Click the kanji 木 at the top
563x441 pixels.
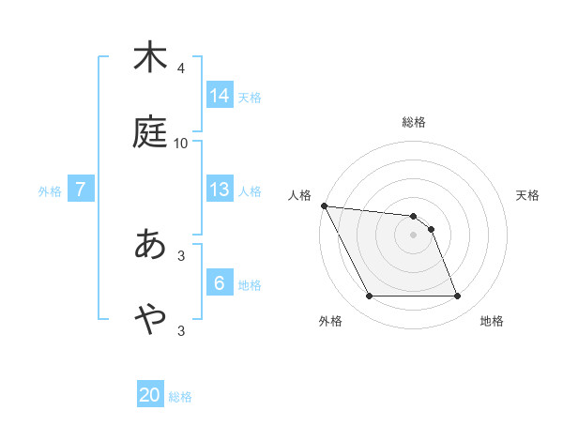150,57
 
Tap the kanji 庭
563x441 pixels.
150,132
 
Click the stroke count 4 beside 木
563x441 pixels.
180,68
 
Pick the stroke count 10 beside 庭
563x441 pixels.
181,143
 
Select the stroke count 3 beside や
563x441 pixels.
180,330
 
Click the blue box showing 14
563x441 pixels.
220,95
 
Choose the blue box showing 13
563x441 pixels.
220,190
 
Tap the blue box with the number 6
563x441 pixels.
220,283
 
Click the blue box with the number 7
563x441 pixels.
82,190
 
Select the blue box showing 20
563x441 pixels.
150,395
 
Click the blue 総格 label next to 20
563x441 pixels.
180,397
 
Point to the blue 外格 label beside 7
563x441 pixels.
50,191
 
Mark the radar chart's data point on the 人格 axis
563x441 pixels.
324,205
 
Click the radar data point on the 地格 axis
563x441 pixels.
458,297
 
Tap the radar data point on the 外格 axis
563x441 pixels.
369,297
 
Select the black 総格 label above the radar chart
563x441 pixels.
414,122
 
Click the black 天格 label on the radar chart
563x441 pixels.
528,195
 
